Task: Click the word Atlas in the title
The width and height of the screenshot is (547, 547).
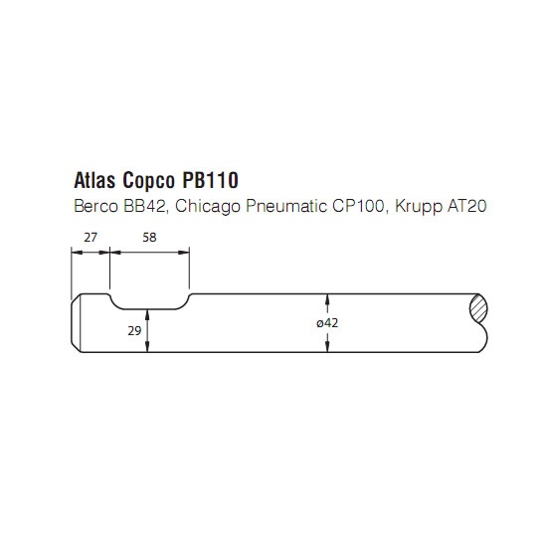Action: pyautogui.click(x=94, y=180)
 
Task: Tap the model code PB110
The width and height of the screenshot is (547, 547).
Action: pyautogui.click(x=211, y=180)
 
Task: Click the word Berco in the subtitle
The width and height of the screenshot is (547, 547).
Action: pyautogui.click(x=95, y=206)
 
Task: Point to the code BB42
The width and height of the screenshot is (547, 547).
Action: pyautogui.click(x=146, y=206)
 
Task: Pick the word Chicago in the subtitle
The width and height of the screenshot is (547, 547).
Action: pyautogui.click(x=208, y=207)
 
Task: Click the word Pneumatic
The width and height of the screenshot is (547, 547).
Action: pyautogui.click(x=286, y=206)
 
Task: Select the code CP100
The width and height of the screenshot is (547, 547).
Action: pyautogui.click(x=359, y=206)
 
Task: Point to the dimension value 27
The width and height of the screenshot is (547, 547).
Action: pyautogui.click(x=91, y=238)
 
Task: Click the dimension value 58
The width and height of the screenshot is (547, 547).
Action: pyautogui.click(x=149, y=238)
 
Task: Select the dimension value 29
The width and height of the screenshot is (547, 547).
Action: pyautogui.click(x=134, y=330)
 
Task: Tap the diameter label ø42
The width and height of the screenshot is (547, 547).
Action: pyautogui.click(x=327, y=323)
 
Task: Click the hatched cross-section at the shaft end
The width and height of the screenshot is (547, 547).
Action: pyautogui.click(x=478, y=309)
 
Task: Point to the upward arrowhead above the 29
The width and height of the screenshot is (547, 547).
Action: pyautogui.click(x=147, y=315)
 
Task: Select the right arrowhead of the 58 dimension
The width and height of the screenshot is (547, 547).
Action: pyautogui.click(x=184, y=253)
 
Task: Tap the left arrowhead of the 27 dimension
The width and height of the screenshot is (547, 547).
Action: pyautogui.click(x=77, y=253)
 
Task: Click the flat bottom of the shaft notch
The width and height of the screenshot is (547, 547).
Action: pyautogui.click(x=149, y=309)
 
